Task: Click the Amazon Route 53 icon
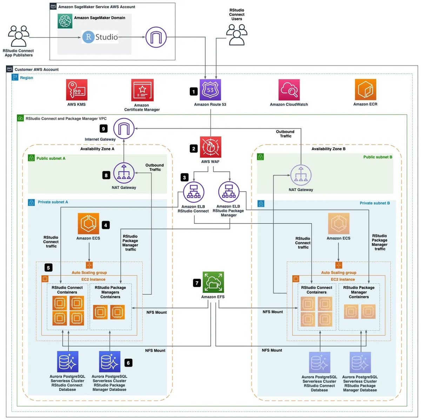click(210, 90)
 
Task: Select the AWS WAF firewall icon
click(210, 147)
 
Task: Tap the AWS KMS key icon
click(76, 90)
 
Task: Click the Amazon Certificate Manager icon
click(142, 90)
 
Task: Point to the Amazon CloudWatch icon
click(289, 90)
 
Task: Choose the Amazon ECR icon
click(365, 90)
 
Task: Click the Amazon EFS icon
click(213, 282)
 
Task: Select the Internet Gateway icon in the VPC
click(124, 129)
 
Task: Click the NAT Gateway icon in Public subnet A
click(124, 173)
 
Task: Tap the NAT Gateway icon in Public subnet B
click(301, 175)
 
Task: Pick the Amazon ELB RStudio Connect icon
click(193, 192)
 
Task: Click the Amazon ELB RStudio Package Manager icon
click(229, 192)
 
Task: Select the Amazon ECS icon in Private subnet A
click(88, 224)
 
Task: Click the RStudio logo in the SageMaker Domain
click(100, 37)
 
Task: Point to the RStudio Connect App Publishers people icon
click(19, 36)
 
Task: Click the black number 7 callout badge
click(197, 283)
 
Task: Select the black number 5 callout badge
click(48, 268)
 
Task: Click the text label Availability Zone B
click(328, 149)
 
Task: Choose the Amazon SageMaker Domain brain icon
click(65, 21)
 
